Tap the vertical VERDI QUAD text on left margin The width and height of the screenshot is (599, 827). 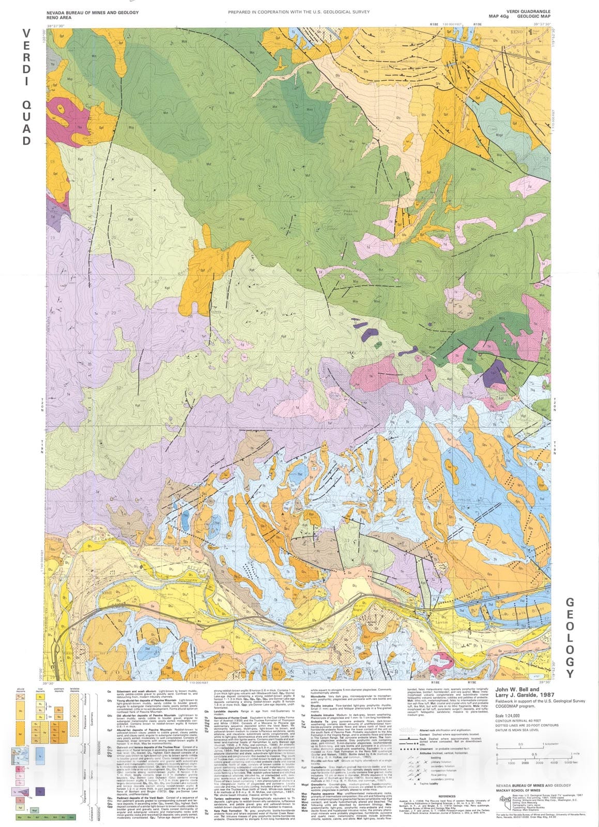click(26, 87)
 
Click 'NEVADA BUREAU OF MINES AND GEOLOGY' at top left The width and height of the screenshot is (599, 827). click(93, 12)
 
